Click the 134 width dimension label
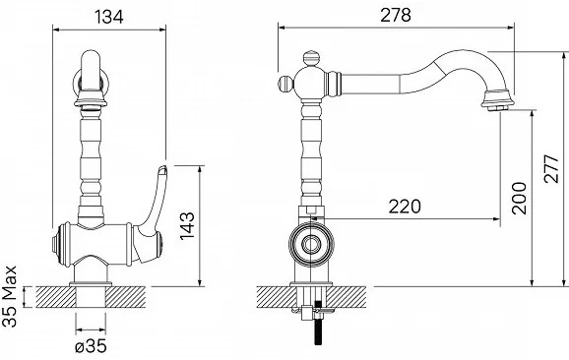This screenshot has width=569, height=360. click(108, 17)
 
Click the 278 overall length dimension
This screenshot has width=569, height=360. click(396, 15)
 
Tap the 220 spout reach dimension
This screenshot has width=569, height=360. click(405, 207)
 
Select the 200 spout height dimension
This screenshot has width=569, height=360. click(519, 198)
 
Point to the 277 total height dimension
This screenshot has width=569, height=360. click(551, 168)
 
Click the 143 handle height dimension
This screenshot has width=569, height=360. click(187, 225)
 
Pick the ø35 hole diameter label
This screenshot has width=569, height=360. click(91, 346)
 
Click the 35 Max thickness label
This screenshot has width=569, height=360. click(10, 296)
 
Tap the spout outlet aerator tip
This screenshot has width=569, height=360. click(497, 107)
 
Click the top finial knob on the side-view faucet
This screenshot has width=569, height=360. click(312, 59)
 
